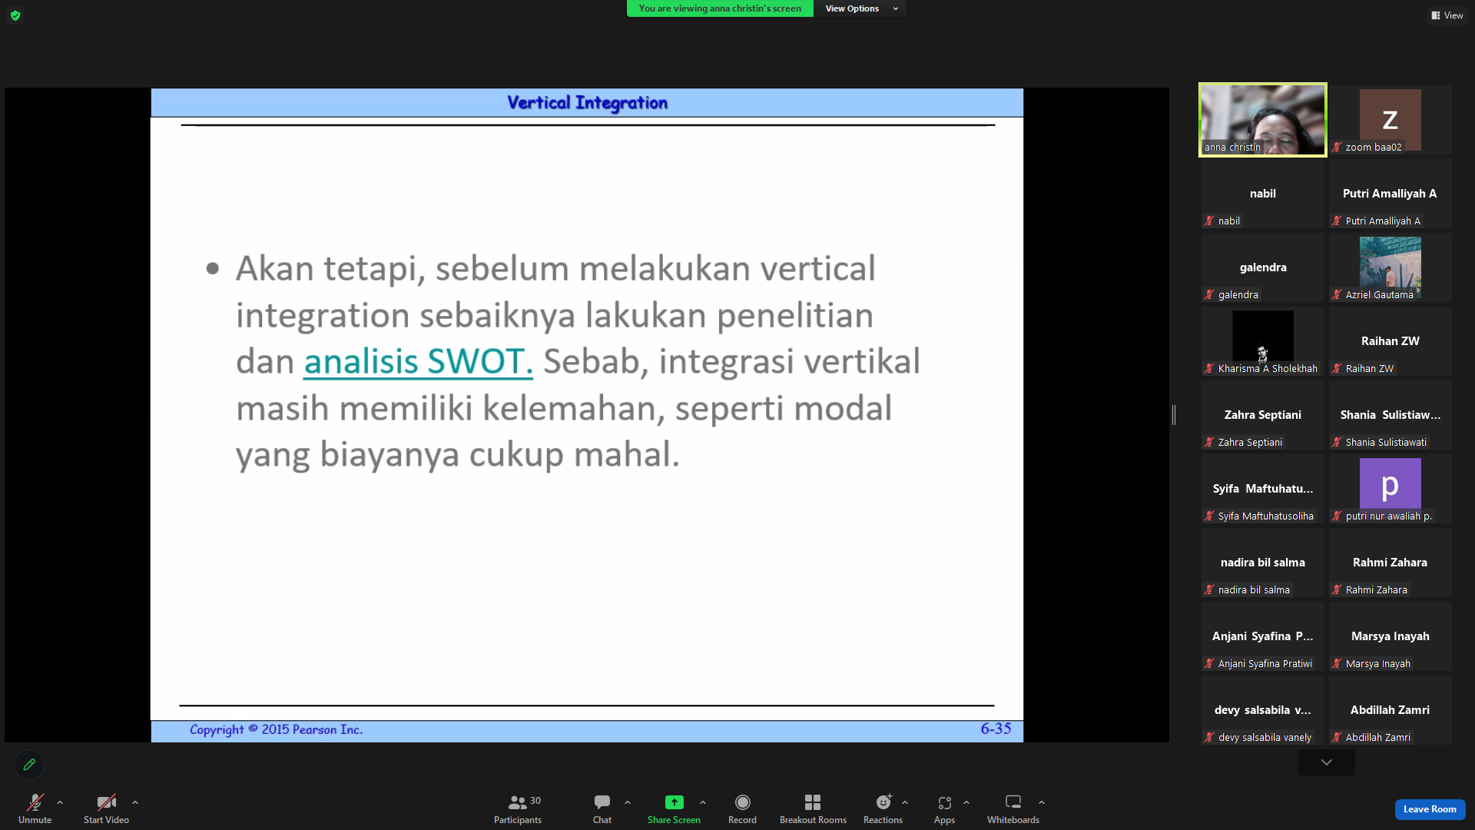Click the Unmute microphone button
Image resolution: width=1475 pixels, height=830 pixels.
point(35,802)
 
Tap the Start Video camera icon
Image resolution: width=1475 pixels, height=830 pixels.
point(106,802)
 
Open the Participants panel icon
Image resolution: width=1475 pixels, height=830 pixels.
point(518,802)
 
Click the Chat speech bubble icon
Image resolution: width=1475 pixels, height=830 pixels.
point(602,802)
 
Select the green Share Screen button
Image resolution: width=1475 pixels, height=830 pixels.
point(674,802)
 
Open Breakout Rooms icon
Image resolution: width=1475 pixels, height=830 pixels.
point(813,802)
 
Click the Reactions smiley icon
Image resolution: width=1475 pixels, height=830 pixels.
point(883,802)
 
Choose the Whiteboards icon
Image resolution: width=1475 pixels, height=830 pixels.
point(1013,802)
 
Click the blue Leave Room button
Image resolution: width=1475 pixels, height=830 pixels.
point(1430,809)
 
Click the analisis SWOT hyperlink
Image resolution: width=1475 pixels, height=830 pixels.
point(418,362)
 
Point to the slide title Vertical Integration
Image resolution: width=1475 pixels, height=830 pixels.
point(587,103)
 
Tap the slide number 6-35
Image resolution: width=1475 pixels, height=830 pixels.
point(996,729)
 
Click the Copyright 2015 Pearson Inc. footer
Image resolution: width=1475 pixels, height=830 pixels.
point(276,729)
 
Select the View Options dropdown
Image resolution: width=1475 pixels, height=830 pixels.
point(861,8)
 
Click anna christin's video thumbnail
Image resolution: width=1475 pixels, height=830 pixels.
point(1263,120)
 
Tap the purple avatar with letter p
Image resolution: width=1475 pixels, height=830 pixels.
point(1390,484)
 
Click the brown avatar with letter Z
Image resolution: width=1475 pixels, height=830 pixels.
point(1390,120)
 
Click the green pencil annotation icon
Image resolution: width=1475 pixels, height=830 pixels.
point(29,765)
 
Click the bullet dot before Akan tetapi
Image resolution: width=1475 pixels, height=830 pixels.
point(213,268)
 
